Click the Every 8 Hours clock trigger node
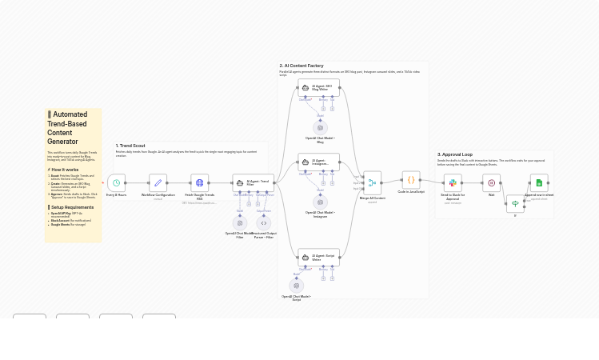(116, 183)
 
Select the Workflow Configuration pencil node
(158, 183)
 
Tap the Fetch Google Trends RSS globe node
(199, 183)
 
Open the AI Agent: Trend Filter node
(253, 183)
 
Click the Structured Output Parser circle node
(264, 223)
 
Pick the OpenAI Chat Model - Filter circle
(240, 223)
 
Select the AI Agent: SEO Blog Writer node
(318, 87)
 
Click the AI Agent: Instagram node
(318, 162)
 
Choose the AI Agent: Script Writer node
(318, 258)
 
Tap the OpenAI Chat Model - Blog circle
(321, 127)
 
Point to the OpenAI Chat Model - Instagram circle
(321, 202)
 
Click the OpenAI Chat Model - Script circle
(297, 286)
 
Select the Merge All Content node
(372, 183)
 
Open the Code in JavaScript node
(411, 180)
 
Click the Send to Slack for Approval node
(453, 183)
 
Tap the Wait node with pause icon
(491, 183)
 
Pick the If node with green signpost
(515, 204)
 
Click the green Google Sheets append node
(539, 183)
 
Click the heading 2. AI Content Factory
(301, 66)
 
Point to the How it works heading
(65, 170)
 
